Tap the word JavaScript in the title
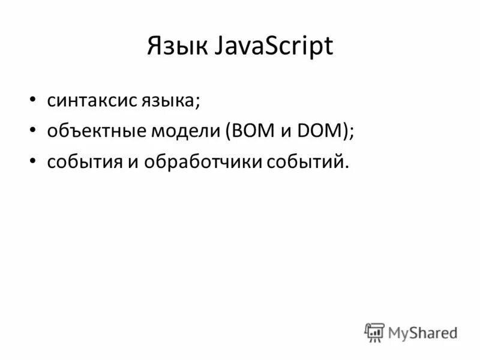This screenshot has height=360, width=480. click(274, 47)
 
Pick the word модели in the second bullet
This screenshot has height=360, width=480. click(185, 131)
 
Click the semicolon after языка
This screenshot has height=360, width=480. click(196, 102)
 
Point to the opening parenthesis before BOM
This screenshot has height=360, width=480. click(229, 131)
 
